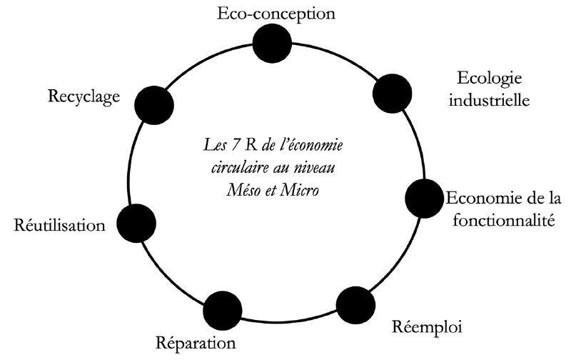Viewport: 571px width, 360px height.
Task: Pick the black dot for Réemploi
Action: pos(355,305)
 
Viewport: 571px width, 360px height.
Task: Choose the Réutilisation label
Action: pos(59,226)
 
